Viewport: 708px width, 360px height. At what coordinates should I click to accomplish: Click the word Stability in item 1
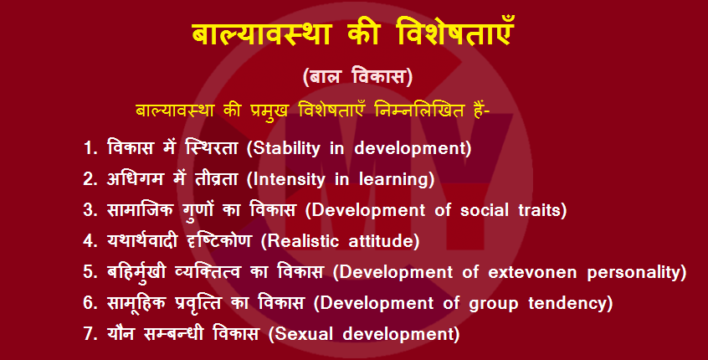(x=286, y=149)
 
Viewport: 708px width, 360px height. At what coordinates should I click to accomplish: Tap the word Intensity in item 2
(x=289, y=179)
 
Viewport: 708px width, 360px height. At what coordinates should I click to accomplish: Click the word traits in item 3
(x=539, y=210)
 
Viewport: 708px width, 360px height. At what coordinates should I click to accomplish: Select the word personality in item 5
(x=634, y=272)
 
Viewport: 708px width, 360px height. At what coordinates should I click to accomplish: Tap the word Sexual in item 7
(x=304, y=334)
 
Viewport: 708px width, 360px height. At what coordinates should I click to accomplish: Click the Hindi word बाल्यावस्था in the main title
(x=262, y=33)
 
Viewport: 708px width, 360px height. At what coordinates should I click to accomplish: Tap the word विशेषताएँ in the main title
(x=454, y=33)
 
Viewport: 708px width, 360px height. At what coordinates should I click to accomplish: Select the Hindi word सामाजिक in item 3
(x=140, y=210)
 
